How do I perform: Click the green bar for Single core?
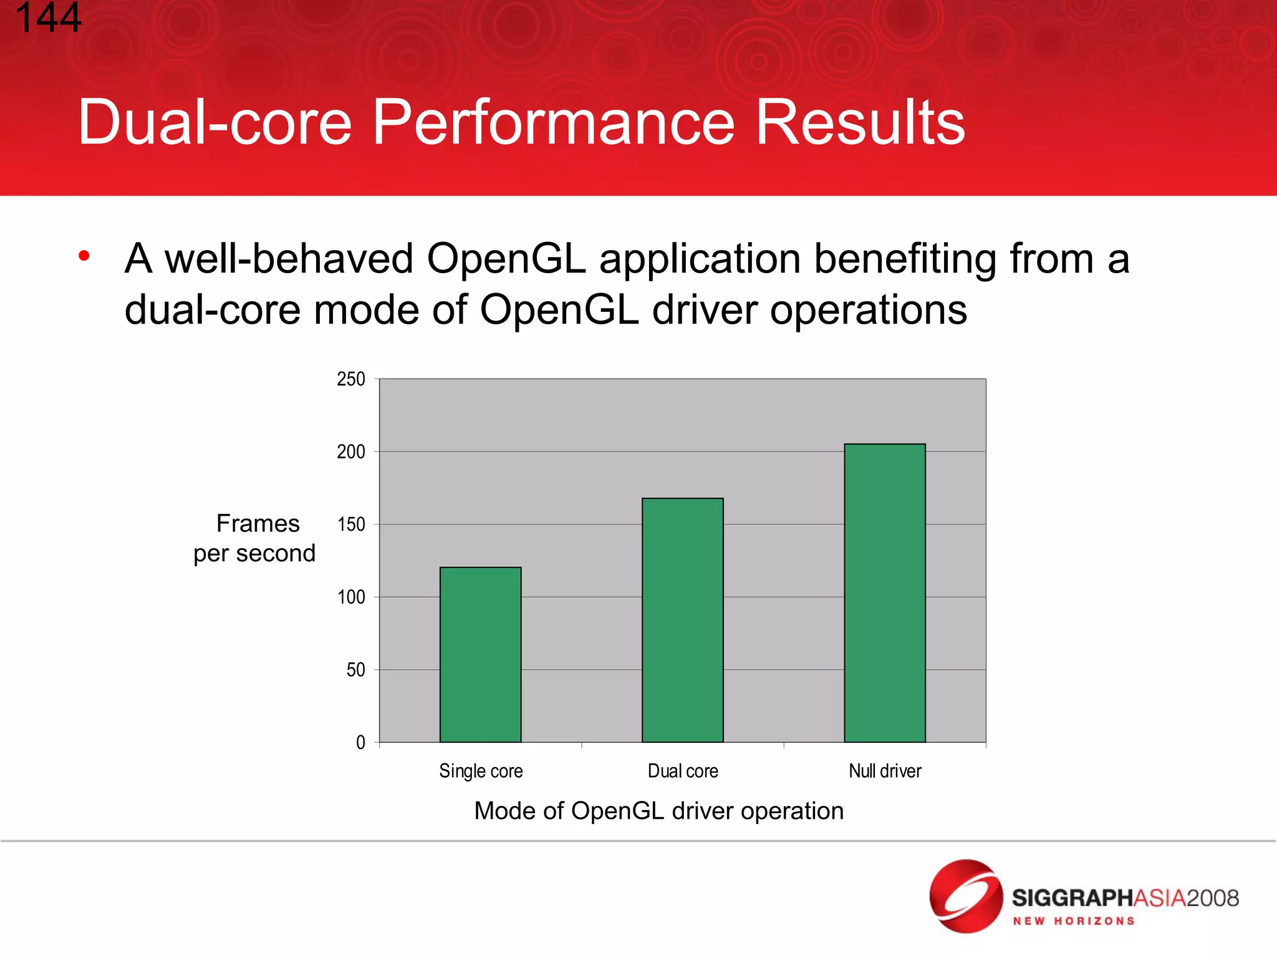tap(480, 655)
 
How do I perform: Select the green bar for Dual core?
tap(682, 620)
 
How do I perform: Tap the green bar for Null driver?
tap(884, 593)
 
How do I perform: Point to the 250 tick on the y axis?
tap(351, 379)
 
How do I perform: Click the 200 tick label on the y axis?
tap(351, 452)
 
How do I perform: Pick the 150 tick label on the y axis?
tap(351, 525)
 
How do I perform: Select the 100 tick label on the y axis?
tap(351, 598)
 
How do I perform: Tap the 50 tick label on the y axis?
tap(355, 670)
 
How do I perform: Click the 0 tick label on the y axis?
tap(360, 743)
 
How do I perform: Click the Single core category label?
tap(481, 772)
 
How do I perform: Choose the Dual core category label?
tap(683, 772)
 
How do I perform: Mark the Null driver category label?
tap(885, 772)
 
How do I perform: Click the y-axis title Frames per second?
tap(255, 538)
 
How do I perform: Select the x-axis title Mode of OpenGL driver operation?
tap(658, 811)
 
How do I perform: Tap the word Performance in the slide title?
tap(554, 123)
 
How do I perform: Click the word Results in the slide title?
tap(860, 123)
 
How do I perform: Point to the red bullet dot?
tap(84, 256)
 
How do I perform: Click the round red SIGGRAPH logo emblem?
tap(966, 896)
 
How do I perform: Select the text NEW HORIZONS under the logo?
tap(1073, 921)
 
